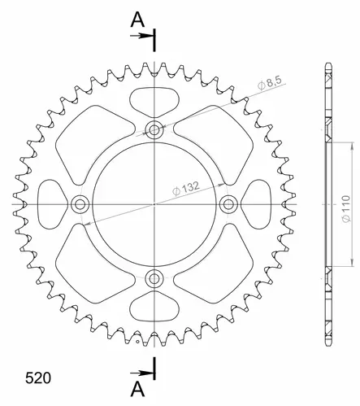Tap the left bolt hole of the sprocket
click(80, 203)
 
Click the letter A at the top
click(137, 18)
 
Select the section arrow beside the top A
click(145, 36)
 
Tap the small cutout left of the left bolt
click(50, 203)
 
